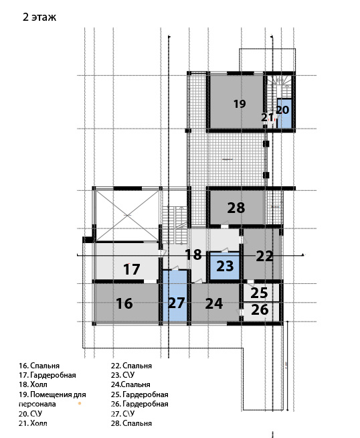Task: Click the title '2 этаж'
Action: (x=39, y=17)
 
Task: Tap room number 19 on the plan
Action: (x=240, y=104)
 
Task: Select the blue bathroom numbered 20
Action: (x=284, y=113)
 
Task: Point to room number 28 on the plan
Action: (x=236, y=208)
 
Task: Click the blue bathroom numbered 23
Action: (x=225, y=266)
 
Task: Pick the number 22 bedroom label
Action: (x=264, y=256)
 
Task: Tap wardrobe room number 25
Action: (x=259, y=293)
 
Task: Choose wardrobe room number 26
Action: (x=260, y=310)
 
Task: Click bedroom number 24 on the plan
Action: (x=213, y=303)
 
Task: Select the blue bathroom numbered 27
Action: (x=175, y=296)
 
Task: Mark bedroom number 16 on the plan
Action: (x=124, y=303)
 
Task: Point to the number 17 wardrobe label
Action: (x=131, y=269)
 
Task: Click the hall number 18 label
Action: (x=193, y=254)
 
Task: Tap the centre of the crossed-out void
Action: (x=128, y=216)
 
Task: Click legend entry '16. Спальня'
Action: (x=39, y=366)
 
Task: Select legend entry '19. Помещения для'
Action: (x=52, y=394)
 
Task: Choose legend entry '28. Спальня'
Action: (x=131, y=423)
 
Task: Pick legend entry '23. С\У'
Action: (x=123, y=375)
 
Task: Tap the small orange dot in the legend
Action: (x=80, y=403)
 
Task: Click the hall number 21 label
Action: (x=268, y=118)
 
